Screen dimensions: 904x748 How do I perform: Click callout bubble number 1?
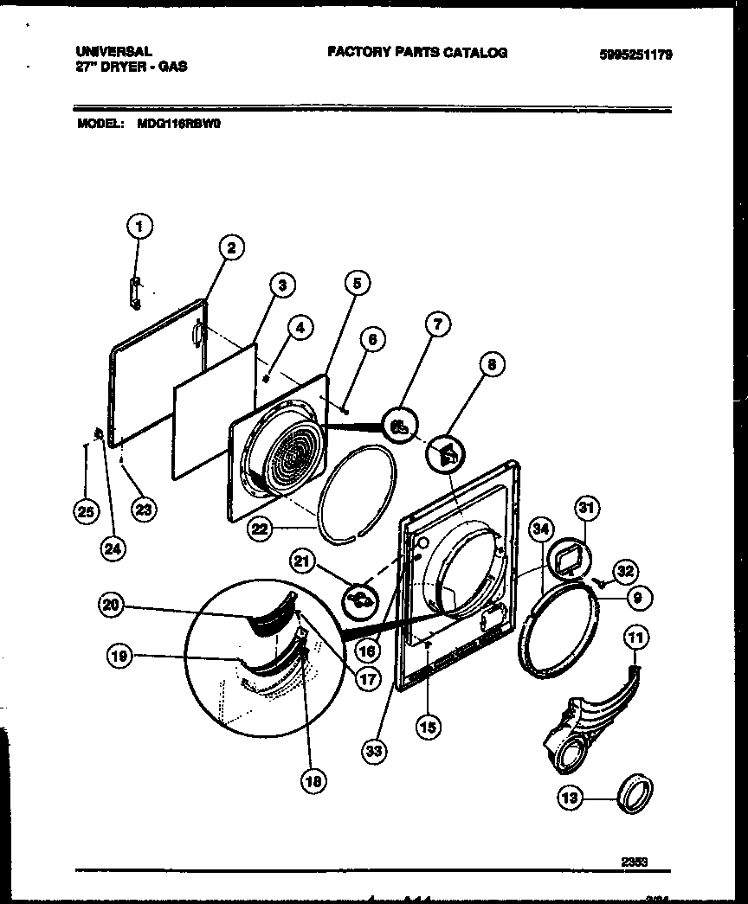pyautogui.click(x=139, y=228)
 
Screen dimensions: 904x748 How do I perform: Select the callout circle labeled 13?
pyautogui.click(x=571, y=798)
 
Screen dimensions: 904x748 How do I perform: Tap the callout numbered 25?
pyautogui.click(x=85, y=512)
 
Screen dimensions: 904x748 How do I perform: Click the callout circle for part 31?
pyautogui.click(x=587, y=508)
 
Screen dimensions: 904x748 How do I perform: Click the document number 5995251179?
pyautogui.click(x=635, y=55)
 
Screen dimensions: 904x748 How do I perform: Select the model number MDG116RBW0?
pyautogui.click(x=180, y=124)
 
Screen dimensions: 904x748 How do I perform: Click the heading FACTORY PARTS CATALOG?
pyautogui.click(x=416, y=53)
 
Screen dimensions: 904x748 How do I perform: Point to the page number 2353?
pyautogui.click(x=634, y=861)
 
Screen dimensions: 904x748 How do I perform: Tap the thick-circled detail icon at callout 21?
pyautogui.click(x=362, y=598)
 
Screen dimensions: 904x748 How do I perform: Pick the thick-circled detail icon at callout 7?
pyautogui.click(x=399, y=426)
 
